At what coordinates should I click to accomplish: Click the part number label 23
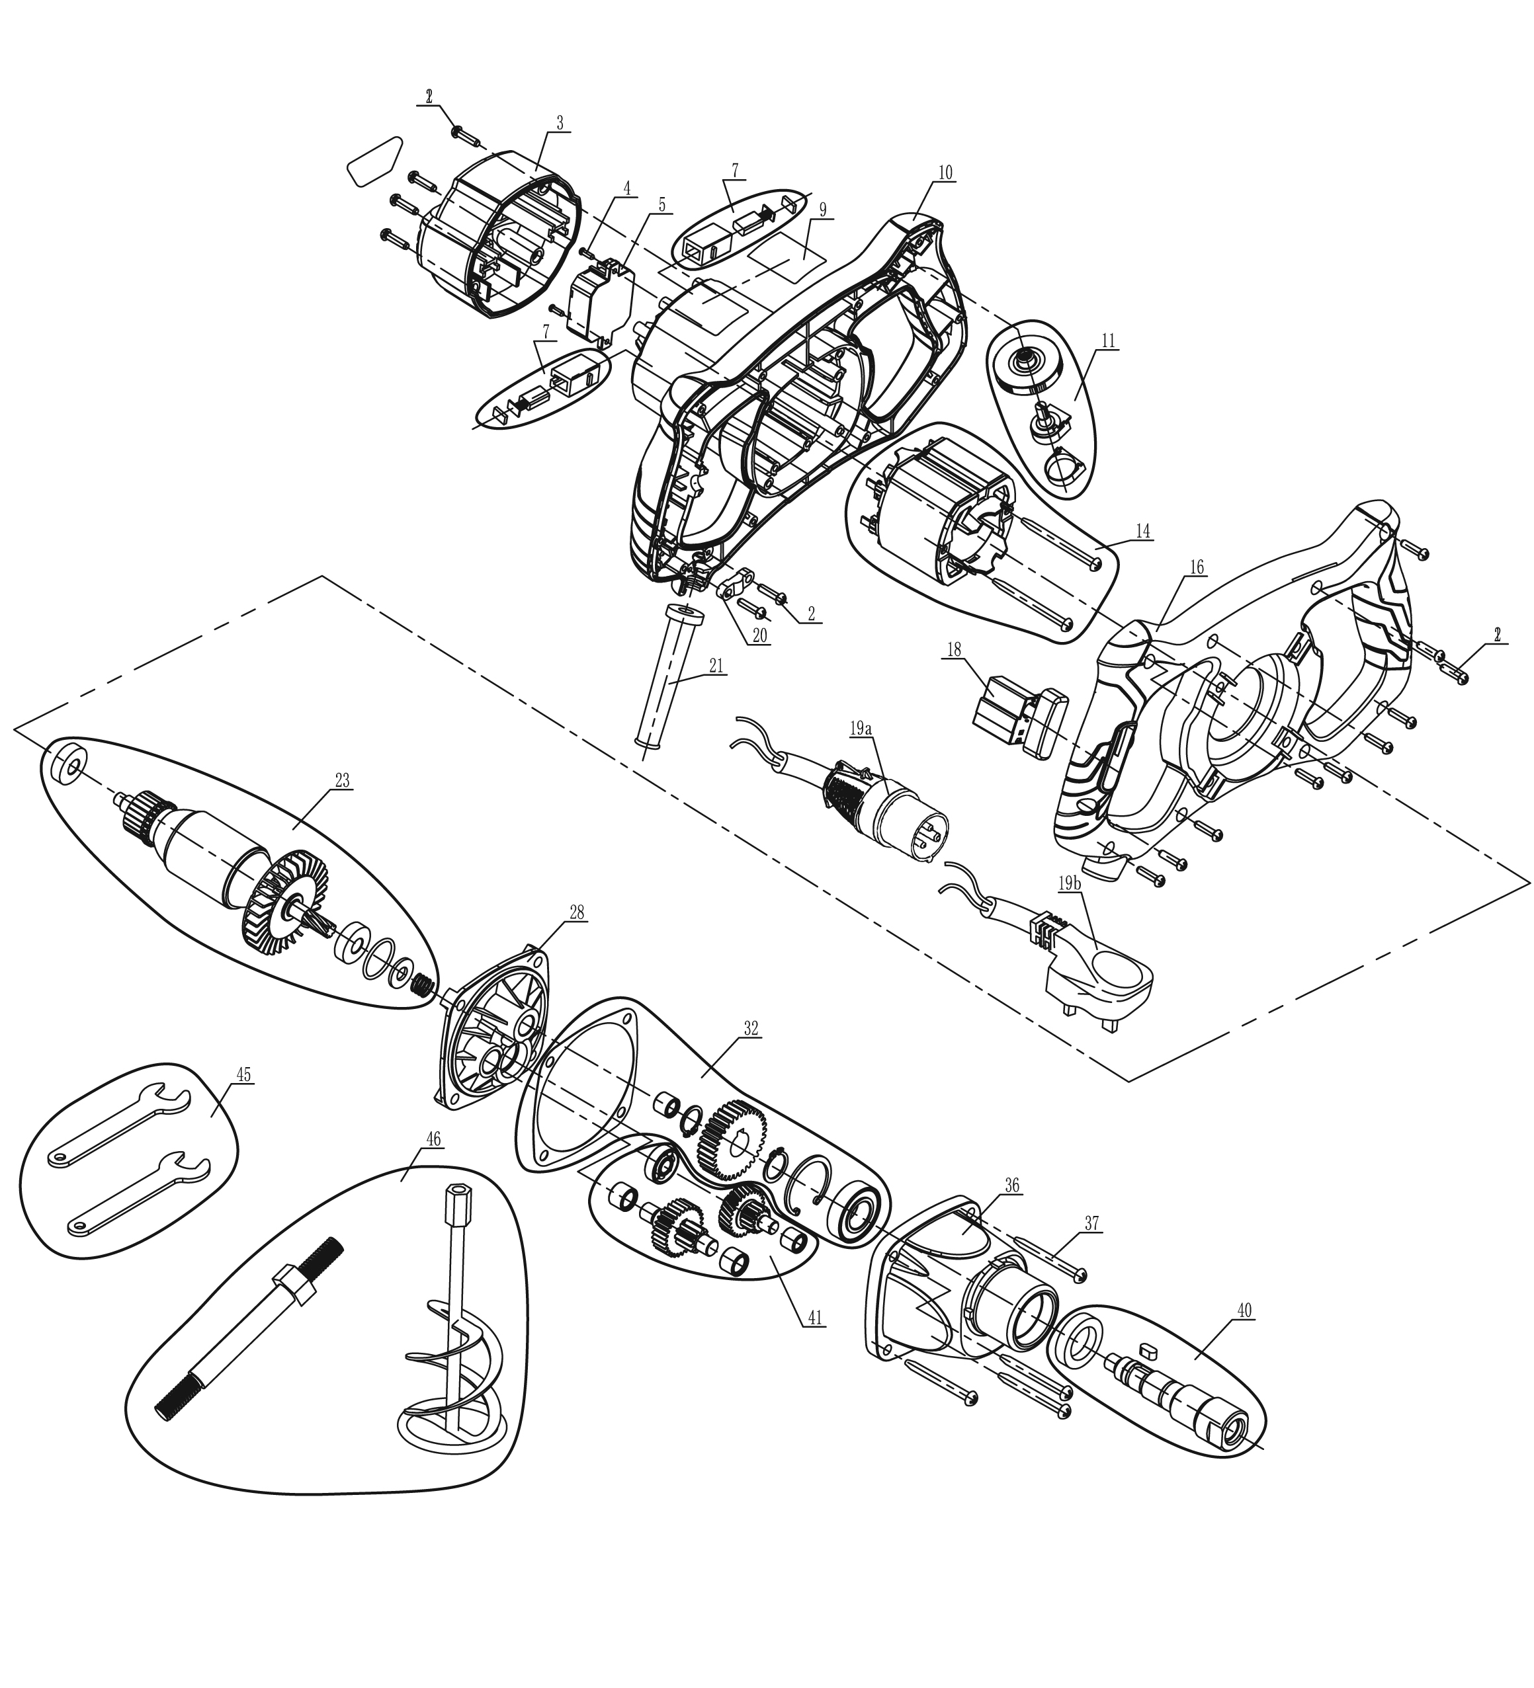click(342, 780)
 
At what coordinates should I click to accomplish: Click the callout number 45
click(243, 1074)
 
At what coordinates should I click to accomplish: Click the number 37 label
click(1091, 1224)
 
